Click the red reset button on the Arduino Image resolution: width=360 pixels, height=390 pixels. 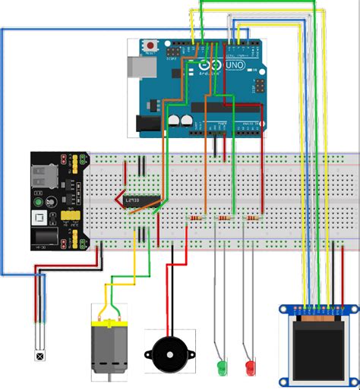pyautogui.click(x=150, y=46)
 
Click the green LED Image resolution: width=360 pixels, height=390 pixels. pyautogui.click(x=222, y=368)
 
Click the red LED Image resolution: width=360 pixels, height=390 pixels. pyautogui.click(x=249, y=368)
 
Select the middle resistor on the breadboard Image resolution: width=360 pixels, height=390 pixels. pyautogui.click(x=223, y=219)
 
